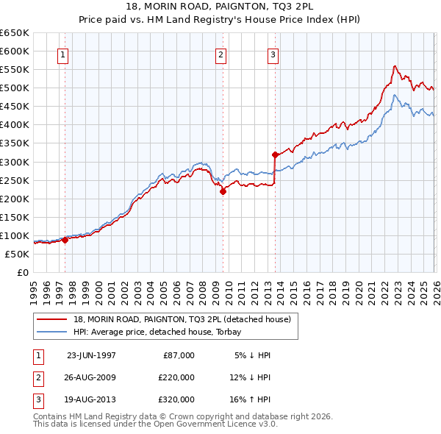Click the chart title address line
(x=220, y=8)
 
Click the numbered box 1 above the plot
(x=62, y=54)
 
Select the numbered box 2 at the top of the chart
(x=220, y=54)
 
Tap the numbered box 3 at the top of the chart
(x=273, y=54)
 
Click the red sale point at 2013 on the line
(x=275, y=154)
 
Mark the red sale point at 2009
(x=223, y=191)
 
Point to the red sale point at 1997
(x=65, y=240)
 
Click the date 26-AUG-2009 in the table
(x=91, y=377)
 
